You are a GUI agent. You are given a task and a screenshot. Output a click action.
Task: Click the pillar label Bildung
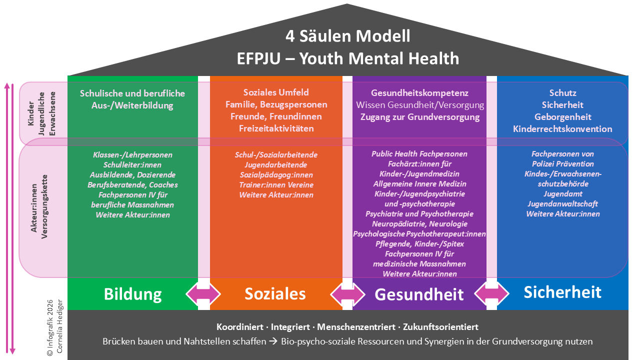pos(132,294)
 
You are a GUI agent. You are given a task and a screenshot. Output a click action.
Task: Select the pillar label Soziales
pos(275,293)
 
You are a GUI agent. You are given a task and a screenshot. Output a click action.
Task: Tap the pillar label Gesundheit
pos(419,294)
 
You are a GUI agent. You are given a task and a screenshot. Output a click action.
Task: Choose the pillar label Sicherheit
pos(562,292)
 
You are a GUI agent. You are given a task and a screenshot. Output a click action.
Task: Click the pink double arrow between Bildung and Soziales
pos(203,293)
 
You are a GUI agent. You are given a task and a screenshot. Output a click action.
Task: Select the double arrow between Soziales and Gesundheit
pos(348,293)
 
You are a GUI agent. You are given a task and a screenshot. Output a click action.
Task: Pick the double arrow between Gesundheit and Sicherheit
pos(491,293)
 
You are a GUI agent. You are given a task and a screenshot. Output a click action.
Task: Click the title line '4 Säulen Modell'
pos(347,36)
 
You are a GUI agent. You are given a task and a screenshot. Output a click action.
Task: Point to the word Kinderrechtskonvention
pos(562,129)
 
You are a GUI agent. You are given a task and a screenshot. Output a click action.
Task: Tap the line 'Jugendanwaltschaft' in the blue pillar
pos(562,204)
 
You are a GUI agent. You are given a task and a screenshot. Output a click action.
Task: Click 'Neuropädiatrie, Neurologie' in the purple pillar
pos(419,224)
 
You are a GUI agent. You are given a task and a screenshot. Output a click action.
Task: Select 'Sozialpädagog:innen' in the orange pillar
pos(276,175)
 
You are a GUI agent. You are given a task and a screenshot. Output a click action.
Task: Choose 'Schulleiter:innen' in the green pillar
pos(132,165)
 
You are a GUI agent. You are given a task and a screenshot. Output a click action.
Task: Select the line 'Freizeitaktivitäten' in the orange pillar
pos(276,128)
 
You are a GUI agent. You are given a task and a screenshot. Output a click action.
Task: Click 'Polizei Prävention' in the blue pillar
pos(562,164)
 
